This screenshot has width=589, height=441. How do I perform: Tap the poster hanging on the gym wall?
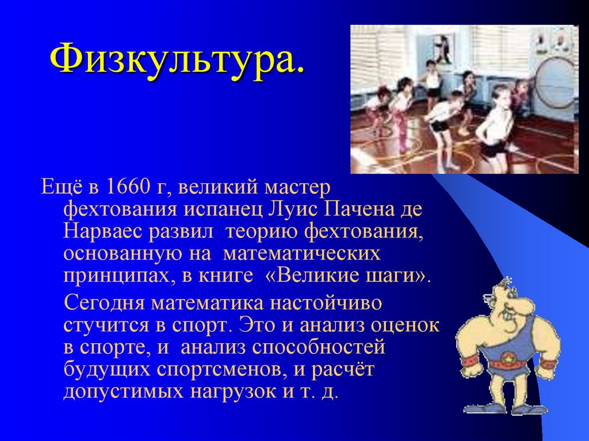click(442, 48)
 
